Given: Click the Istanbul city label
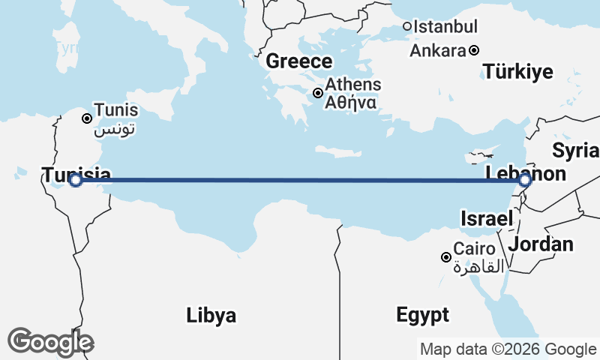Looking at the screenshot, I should tap(445, 27).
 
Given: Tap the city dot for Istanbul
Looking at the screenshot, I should tap(407, 26).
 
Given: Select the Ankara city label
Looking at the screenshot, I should tap(438, 51).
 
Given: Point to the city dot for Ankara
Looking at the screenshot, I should tap(474, 51).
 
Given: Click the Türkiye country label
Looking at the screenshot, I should tap(517, 72).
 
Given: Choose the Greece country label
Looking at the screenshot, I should tap(298, 61).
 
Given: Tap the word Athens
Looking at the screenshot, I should tap(352, 85).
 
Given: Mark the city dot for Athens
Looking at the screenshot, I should tap(318, 93).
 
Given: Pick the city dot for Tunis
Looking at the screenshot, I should tap(87, 118).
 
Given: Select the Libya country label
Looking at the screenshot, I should tap(211, 315).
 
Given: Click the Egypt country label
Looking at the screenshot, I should tap(423, 314).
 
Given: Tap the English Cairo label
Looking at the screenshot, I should tap(474, 249).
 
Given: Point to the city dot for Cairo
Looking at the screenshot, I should tap(446, 257).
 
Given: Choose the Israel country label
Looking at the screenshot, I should tap(486, 219).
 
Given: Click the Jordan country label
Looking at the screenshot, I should tap(541, 244).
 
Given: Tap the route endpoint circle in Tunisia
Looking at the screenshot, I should tap(75, 180).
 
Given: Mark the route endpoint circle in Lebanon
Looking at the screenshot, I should tap(524, 180).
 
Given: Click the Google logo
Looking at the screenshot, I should tap(50, 342).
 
